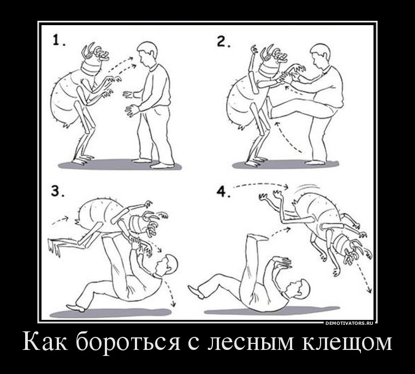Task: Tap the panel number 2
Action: pos(223,42)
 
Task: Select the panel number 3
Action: pos(57,191)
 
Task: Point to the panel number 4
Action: pos(223,191)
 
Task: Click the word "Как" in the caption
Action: pos(45,341)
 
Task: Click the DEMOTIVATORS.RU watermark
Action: pos(349,323)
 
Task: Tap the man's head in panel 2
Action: pos(320,56)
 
